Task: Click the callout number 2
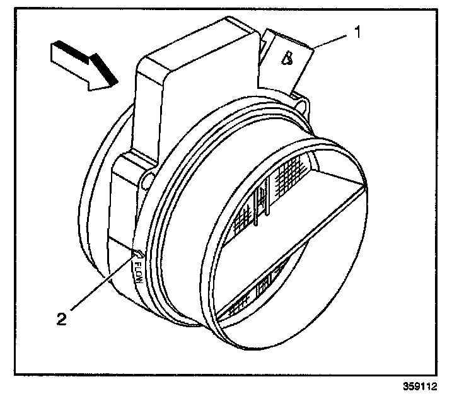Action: [61, 320]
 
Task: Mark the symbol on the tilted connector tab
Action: [287, 59]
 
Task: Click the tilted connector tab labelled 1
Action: [290, 60]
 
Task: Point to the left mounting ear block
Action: [126, 189]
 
